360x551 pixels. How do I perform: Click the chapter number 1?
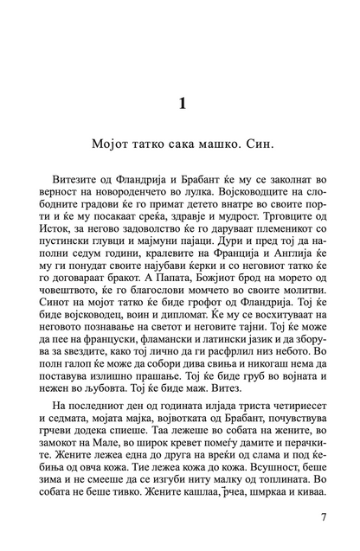click(x=180, y=105)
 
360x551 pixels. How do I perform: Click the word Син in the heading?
click(x=267, y=140)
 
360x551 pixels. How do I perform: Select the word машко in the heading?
click(x=213, y=140)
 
